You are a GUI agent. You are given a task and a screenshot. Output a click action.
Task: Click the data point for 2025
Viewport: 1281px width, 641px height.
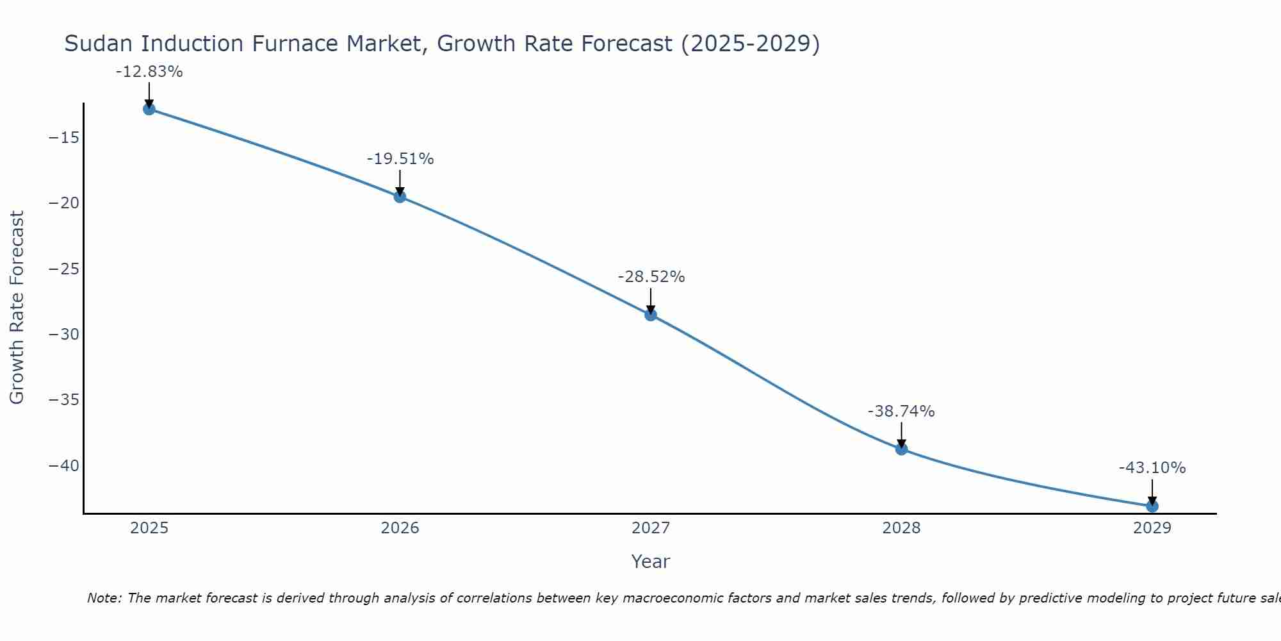(149, 109)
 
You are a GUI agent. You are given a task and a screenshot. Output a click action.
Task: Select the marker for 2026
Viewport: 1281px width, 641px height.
(400, 197)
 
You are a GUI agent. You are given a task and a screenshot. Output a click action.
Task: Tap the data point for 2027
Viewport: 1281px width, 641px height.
(651, 315)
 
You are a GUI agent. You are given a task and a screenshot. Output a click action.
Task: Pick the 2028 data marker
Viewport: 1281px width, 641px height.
(901, 449)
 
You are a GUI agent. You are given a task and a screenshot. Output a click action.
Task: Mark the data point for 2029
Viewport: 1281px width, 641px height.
(1152, 506)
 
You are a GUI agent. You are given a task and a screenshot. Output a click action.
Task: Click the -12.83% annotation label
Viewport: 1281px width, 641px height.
(149, 72)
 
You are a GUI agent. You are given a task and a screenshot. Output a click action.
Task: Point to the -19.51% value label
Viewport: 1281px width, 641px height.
(400, 159)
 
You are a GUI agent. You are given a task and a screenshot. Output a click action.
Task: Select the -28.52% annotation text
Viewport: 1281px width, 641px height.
(651, 277)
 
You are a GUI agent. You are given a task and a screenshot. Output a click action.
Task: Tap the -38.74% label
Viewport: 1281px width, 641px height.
(901, 412)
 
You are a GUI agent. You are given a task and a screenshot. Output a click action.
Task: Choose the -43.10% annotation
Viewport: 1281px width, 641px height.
(1152, 468)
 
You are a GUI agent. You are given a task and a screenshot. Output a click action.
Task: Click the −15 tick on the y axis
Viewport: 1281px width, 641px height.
(64, 138)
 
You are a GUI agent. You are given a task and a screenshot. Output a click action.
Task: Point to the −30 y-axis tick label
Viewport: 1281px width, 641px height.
(64, 335)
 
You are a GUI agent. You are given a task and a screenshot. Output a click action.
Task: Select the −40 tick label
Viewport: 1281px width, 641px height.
(64, 466)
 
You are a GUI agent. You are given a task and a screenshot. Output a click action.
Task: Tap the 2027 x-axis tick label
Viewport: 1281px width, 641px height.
(651, 528)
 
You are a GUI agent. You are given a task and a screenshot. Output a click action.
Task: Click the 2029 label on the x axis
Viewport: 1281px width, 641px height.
(1152, 528)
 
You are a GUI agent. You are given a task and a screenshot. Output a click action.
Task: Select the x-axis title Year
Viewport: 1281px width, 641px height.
(651, 562)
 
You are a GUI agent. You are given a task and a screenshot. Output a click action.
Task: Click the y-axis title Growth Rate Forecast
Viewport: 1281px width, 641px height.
(17, 308)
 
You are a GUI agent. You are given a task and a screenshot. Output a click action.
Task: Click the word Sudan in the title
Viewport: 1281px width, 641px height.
(99, 44)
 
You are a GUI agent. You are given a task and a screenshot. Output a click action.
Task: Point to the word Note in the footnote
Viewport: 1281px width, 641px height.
(103, 598)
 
